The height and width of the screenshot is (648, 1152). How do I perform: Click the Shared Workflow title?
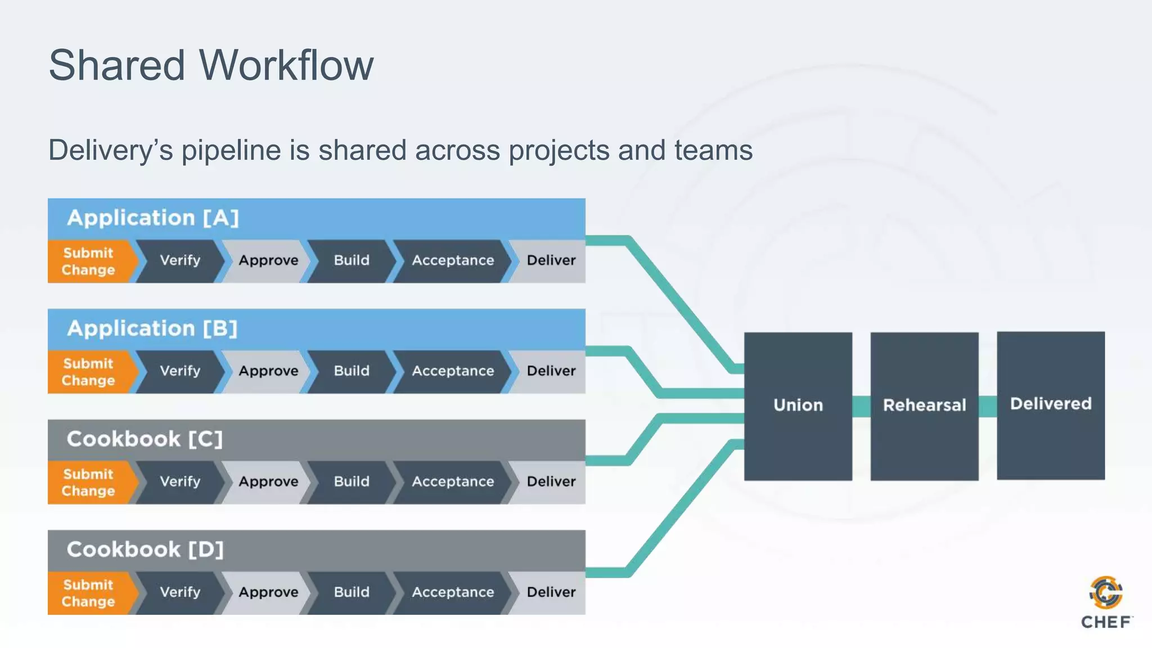(x=211, y=65)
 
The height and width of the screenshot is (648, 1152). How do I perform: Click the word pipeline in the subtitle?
(x=231, y=151)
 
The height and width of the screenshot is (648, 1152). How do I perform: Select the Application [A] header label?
(x=153, y=218)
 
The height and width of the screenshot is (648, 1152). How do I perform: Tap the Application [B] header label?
(x=152, y=328)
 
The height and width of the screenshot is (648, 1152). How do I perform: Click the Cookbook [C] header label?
(x=145, y=439)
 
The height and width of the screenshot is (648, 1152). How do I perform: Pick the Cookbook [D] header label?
(x=145, y=550)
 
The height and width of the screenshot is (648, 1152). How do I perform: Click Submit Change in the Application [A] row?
(x=88, y=262)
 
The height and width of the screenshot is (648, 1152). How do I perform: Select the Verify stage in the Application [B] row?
(x=180, y=371)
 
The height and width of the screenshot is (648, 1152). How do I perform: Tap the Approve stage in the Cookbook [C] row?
(x=268, y=482)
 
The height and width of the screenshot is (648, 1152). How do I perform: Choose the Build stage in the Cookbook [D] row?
(x=352, y=592)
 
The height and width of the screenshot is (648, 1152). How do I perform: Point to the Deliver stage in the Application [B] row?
(x=551, y=371)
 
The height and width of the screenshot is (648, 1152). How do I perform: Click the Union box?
(x=798, y=406)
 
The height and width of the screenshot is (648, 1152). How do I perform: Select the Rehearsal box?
(x=924, y=406)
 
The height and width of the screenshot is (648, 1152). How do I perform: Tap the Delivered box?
(x=1050, y=404)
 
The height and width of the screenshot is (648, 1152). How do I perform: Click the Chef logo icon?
(x=1106, y=593)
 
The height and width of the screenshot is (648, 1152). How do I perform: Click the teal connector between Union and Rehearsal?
(x=861, y=406)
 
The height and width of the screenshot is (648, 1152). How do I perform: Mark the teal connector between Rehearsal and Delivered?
(x=987, y=406)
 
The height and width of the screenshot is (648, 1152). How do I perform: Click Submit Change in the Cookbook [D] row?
(x=88, y=593)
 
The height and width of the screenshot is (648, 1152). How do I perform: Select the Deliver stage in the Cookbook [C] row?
(x=551, y=482)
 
